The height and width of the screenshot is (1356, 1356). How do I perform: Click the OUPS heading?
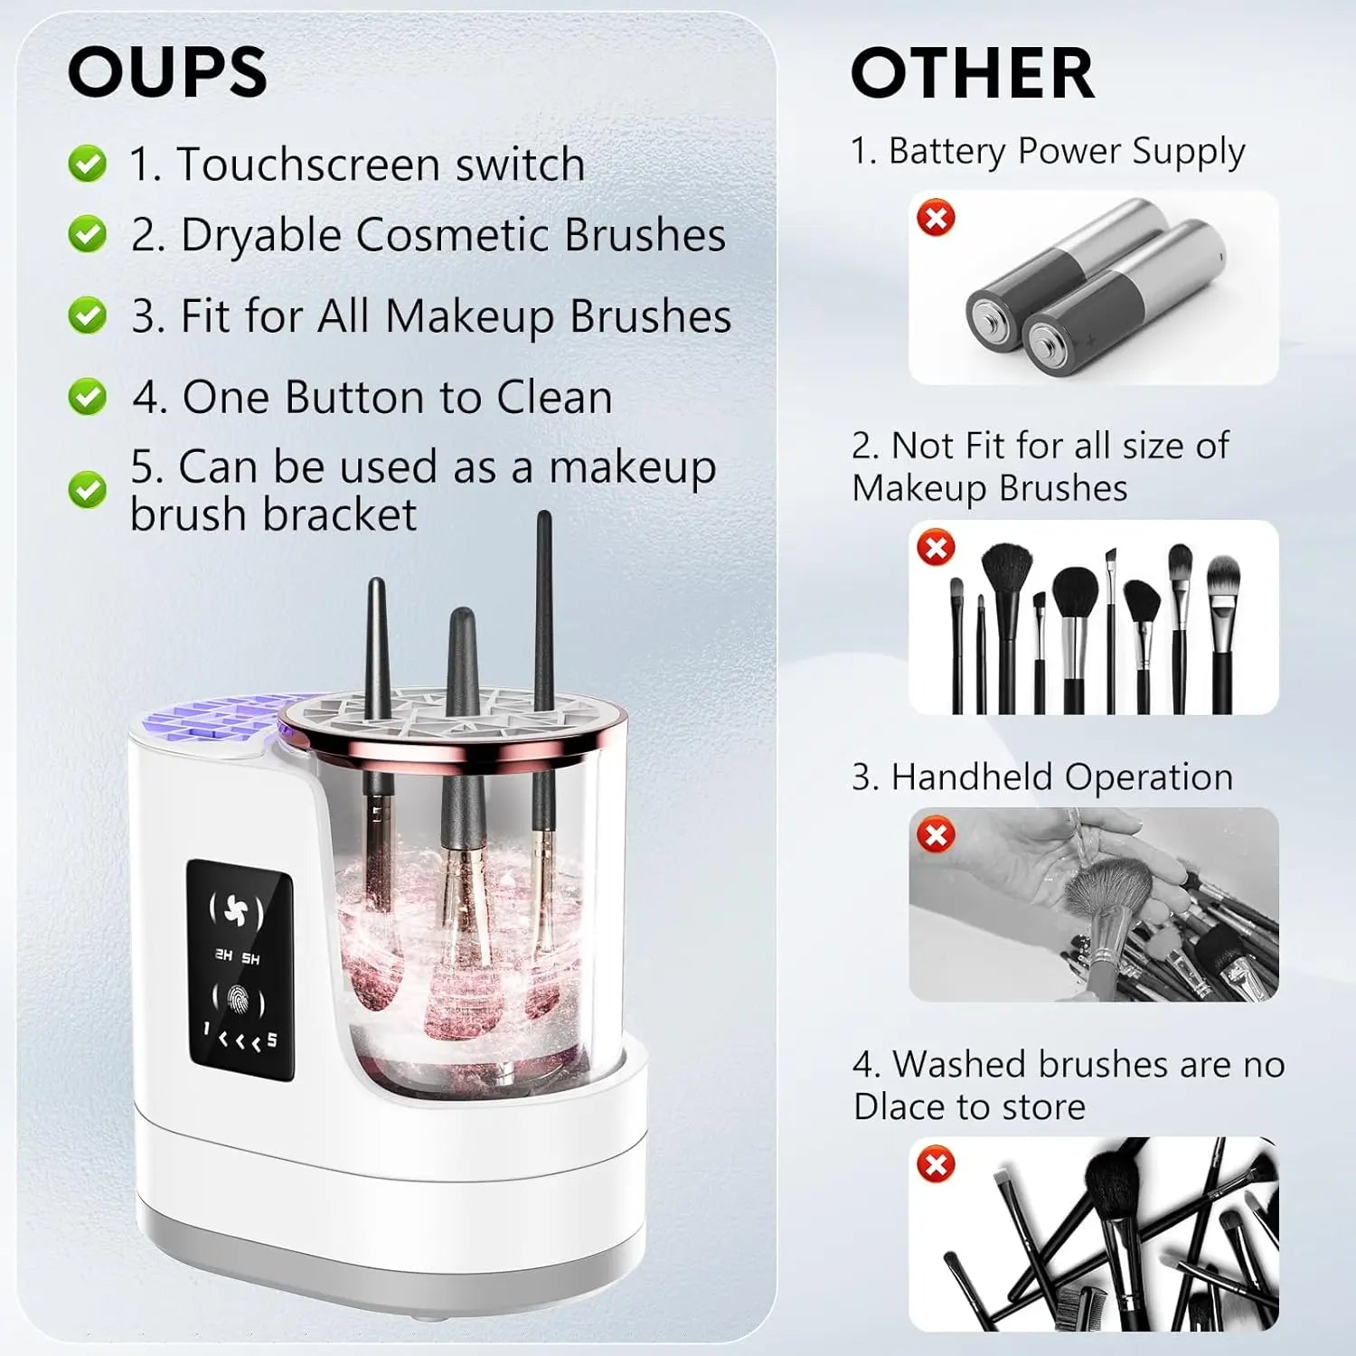tap(167, 72)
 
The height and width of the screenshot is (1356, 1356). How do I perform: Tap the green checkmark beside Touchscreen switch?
tap(88, 164)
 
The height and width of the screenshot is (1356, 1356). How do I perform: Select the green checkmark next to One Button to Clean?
tap(88, 397)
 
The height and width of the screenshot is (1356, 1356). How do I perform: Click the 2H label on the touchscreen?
tap(222, 956)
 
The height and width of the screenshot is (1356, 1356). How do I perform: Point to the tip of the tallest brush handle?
tap(543, 516)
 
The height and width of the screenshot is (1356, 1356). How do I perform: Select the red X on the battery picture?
tap(936, 218)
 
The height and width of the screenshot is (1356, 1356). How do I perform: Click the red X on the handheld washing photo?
tap(936, 834)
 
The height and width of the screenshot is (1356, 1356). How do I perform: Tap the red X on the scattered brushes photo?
tap(936, 1163)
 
